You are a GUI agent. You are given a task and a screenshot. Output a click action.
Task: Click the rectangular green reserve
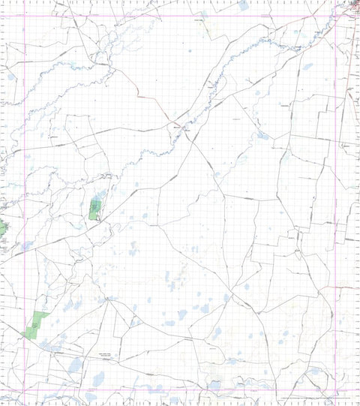coord(95,209)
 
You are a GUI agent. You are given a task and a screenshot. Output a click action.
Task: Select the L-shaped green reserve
coord(34,326)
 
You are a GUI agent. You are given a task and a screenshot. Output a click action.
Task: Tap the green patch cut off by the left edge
coord(2,227)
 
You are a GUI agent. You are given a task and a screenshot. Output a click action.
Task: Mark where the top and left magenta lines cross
coord(25,16)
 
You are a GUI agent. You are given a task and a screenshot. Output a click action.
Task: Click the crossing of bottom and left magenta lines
coord(25,391)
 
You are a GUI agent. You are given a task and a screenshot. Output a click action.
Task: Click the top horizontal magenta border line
coord(180,16)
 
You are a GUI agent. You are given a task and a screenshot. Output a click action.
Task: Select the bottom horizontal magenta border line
coord(180,391)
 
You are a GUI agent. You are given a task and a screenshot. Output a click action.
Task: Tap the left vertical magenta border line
coord(25,203)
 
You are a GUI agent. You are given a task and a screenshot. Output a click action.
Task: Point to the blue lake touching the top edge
coord(244,5)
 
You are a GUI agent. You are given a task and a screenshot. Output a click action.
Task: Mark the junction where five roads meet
coord(109,300)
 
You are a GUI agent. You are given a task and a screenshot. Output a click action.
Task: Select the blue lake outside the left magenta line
coord(11,77)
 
